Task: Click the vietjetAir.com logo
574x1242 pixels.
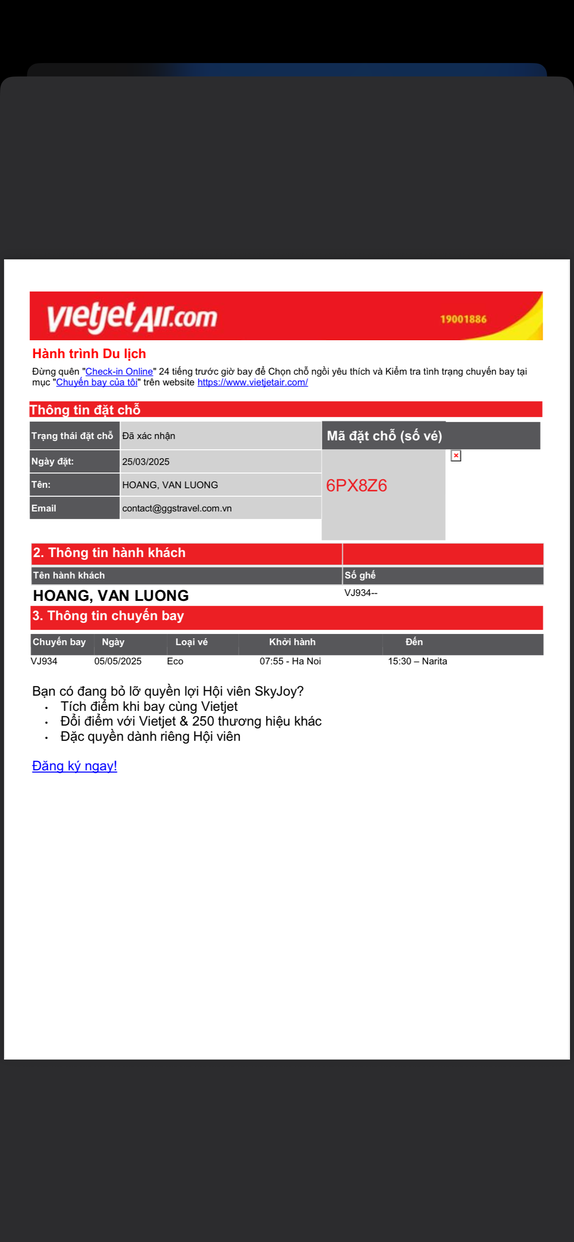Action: [x=132, y=317]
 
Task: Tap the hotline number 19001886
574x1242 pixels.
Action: [x=463, y=319]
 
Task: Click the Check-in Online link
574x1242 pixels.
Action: [x=119, y=372]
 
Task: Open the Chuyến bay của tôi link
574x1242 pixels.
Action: [x=97, y=382]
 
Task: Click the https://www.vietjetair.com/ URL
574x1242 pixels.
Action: [x=253, y=382]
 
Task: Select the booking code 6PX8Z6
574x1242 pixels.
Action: [x=356, y=486]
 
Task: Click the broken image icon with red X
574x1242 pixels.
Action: [x=456, y=456]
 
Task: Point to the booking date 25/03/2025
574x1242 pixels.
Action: [x=146, y=462]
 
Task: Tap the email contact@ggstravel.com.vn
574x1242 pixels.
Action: [x=177, y=509]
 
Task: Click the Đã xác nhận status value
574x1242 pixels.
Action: [x=148, y=436]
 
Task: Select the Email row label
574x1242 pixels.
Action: [x=44, y=509]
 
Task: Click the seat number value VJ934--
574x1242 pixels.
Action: [x=360, y=593]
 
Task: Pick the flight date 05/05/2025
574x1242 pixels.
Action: [x=118, y=662]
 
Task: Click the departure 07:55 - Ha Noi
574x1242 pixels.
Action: [x=290, y=662]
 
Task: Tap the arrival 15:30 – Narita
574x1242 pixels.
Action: [x=418, y=662]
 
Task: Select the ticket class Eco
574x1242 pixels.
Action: [x=175, y=662]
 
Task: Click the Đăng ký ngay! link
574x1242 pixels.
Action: [x=74, y=766]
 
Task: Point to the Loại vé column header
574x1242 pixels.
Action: [x=191, y=642]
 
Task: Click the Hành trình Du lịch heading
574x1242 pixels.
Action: [x=89, y=354]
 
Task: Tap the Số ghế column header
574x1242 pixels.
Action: [x=360, y=575]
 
